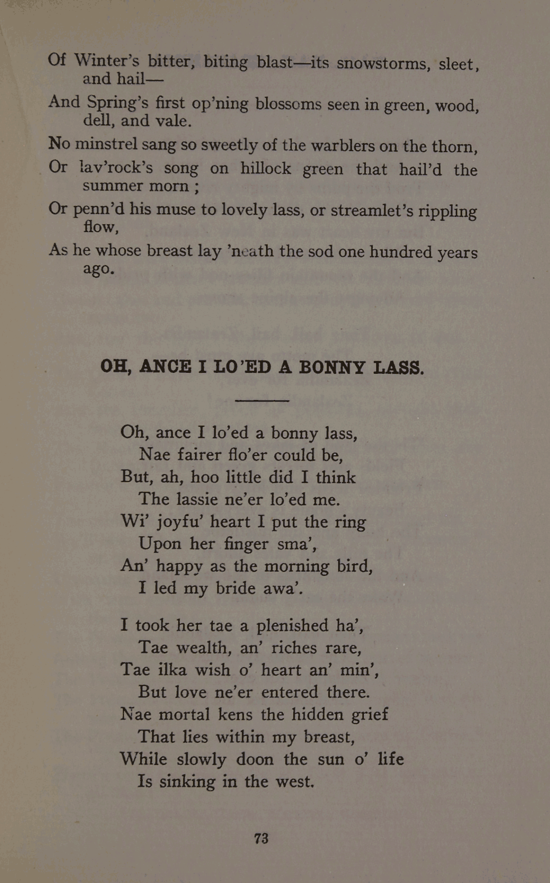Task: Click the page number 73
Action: tap(261, 839)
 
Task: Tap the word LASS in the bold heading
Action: tap(398, 367)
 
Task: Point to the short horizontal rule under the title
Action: tap(262, 401)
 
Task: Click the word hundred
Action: tap(400, 252)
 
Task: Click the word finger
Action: tap(246, 544)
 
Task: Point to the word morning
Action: tap(296, 566)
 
